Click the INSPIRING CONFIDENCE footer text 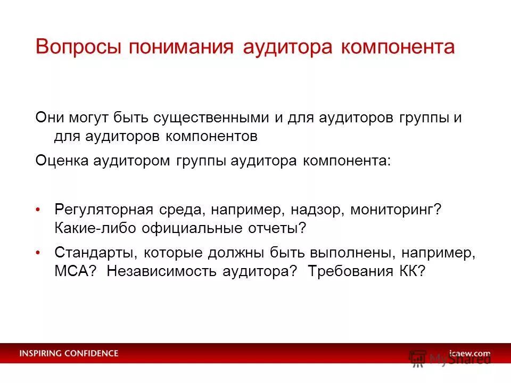click(69, 353)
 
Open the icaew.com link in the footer click(469, 353)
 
